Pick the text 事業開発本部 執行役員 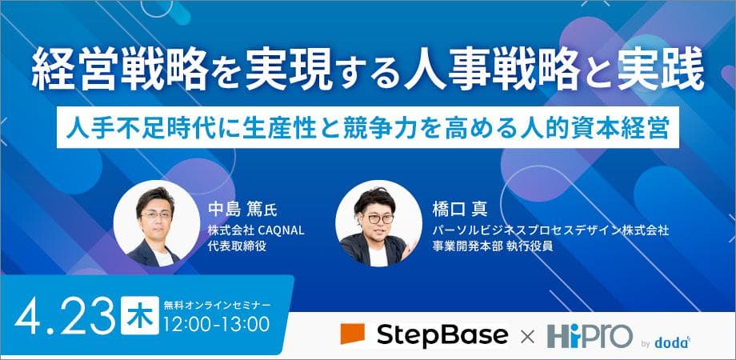click(x=479, y=246)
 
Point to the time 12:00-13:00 click(x=214, y=325)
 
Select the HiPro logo click(x=589, y=335)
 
